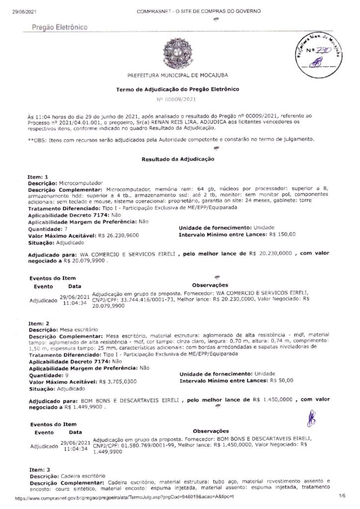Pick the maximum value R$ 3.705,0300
[118, 381]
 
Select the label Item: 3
[39, 469]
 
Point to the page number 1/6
[342, 496]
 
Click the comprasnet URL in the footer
[125, 497]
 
